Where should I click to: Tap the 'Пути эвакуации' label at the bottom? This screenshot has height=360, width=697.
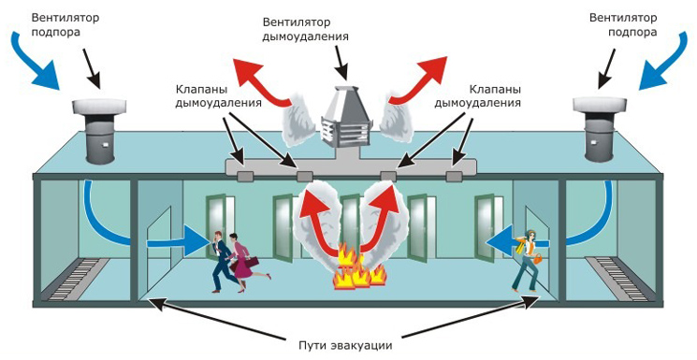click(346, 343)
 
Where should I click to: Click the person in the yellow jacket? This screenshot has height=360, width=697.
click(530, 260)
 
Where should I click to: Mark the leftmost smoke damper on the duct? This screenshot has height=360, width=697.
click(246, 175)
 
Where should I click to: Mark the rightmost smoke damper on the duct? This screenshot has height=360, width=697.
click(455, 175)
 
